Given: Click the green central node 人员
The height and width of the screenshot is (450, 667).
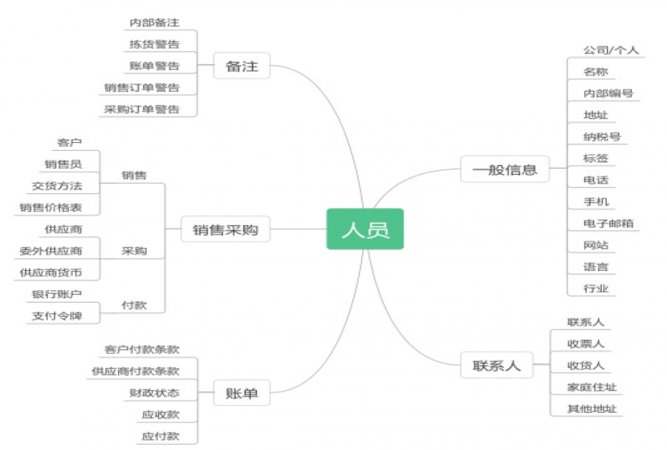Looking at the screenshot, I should [365, 229].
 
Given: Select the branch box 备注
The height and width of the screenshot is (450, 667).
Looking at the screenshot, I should [242, 66].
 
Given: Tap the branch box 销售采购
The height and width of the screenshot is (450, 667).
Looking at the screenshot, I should [225, 229].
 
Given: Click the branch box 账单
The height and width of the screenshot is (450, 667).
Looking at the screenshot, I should [242, 393].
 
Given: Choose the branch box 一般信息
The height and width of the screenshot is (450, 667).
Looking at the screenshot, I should [504, 169].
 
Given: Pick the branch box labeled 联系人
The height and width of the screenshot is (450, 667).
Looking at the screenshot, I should [497, 365].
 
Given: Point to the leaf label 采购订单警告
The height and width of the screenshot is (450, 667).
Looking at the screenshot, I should [142, 109].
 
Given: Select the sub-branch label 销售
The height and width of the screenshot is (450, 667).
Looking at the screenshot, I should [134, 175].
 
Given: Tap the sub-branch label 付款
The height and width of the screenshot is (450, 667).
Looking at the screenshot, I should [134, 305].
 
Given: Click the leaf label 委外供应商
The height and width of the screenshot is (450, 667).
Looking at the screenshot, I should [51, 251].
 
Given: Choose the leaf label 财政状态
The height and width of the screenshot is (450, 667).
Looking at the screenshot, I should [154, 392].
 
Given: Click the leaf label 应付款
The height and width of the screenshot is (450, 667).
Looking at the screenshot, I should [161, 436].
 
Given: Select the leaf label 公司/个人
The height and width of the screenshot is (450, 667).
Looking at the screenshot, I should [611, 50].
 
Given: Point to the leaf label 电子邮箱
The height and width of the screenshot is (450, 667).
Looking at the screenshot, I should [608, 223].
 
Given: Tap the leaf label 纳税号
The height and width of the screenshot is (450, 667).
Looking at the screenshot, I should [602, 136].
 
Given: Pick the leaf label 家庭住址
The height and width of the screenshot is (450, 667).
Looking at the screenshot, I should [591, 386].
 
